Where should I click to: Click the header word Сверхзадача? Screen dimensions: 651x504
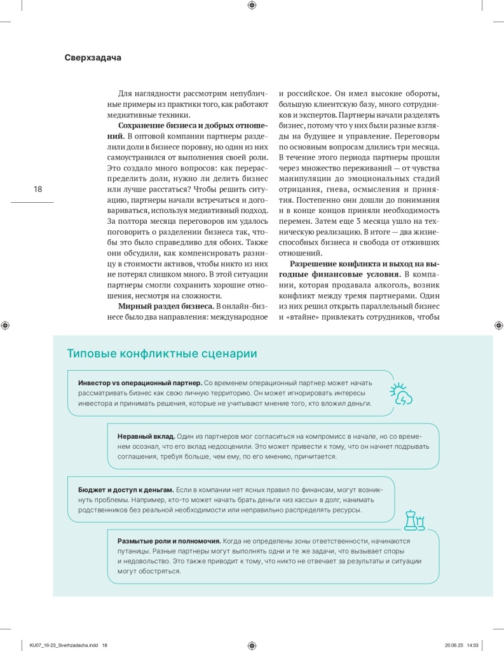click(93, 57)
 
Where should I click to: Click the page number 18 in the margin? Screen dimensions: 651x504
click(37, 189)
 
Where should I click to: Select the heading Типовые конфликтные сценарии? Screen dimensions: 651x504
click(162, 353)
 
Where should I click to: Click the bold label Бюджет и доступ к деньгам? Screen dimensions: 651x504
click(125, 490)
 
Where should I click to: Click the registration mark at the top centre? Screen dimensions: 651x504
click(252, 6)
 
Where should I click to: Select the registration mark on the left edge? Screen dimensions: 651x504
click(6, 325)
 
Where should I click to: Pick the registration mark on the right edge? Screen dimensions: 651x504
click(498, 325)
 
